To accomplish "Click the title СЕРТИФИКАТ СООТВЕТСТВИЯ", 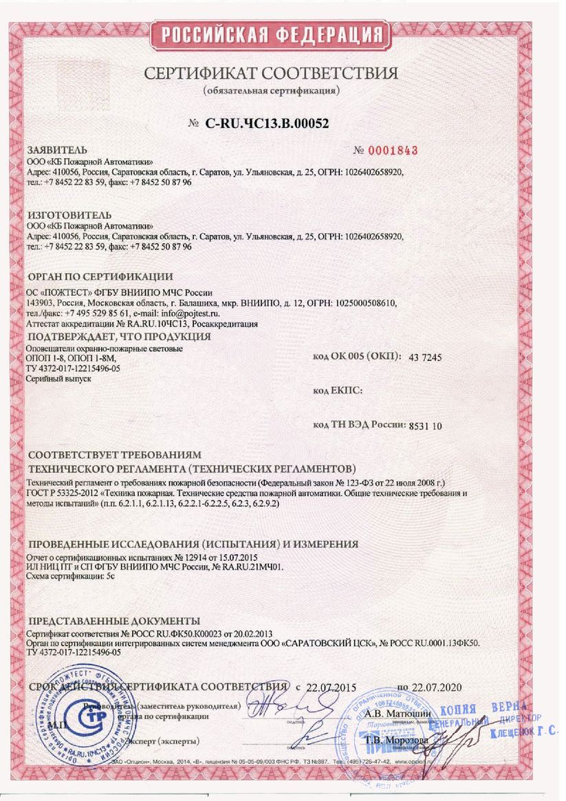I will click(x=271, y=74).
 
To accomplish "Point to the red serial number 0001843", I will click(x=394, y=151).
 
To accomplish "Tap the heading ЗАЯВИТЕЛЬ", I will click(x=57, y=150).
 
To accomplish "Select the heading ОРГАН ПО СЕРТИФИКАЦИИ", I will click(x=99, y=277).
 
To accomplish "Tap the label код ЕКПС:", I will click(x=337, y=391).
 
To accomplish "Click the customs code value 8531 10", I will click(x=425, y=426).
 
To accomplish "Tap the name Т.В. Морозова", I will click(x=396, y=740).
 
